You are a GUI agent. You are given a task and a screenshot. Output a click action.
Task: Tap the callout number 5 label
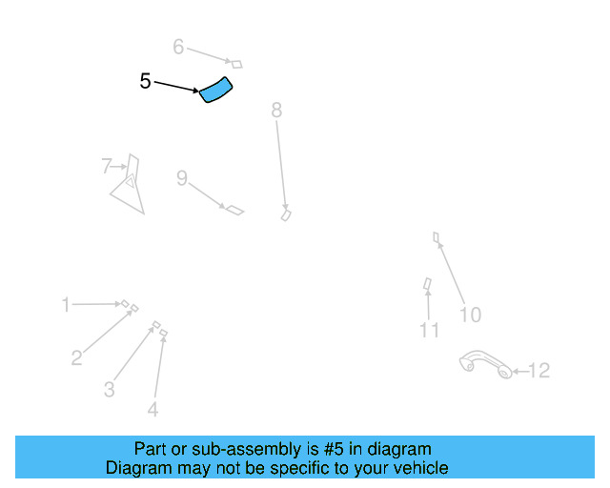point(145,82)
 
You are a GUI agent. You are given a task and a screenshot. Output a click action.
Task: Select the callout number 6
point(178,47)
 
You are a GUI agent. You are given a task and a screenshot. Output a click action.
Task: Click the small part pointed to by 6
point(236,64)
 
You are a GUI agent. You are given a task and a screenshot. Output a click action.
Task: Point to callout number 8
point(276,111)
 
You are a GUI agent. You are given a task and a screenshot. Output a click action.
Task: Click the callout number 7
point(107,167)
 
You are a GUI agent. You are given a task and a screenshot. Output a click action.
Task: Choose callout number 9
point(181,178)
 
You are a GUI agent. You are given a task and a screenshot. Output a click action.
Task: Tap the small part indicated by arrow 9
point(234,209)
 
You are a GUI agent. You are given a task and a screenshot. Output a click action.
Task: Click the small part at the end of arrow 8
point(285,215)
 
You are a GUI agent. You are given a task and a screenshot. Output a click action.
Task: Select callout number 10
point(470,315)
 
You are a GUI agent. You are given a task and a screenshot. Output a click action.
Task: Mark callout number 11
point(430,331)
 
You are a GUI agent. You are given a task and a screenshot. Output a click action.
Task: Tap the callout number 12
point(539,371)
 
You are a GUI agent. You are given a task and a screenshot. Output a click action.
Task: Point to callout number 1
point(66,305)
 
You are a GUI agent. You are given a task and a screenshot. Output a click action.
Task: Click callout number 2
point(76,358)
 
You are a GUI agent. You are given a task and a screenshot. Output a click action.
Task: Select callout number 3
point(110,389)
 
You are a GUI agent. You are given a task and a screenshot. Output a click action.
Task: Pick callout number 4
point(152,410)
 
